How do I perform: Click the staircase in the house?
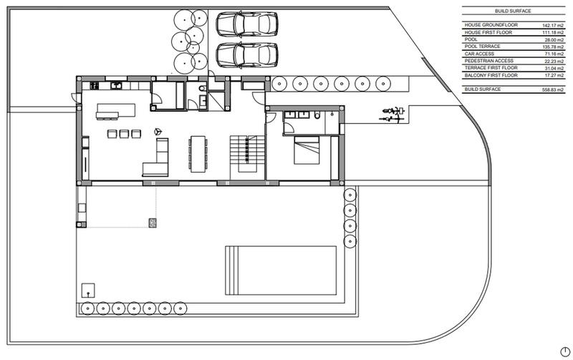click(x=244, y=153)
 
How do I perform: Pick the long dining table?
click(x=197, y=154)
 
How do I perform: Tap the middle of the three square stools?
click(x=124, y=133)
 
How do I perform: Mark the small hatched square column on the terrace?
click(x=152, y=222)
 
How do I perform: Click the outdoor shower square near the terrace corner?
click(x=87, y=291)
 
